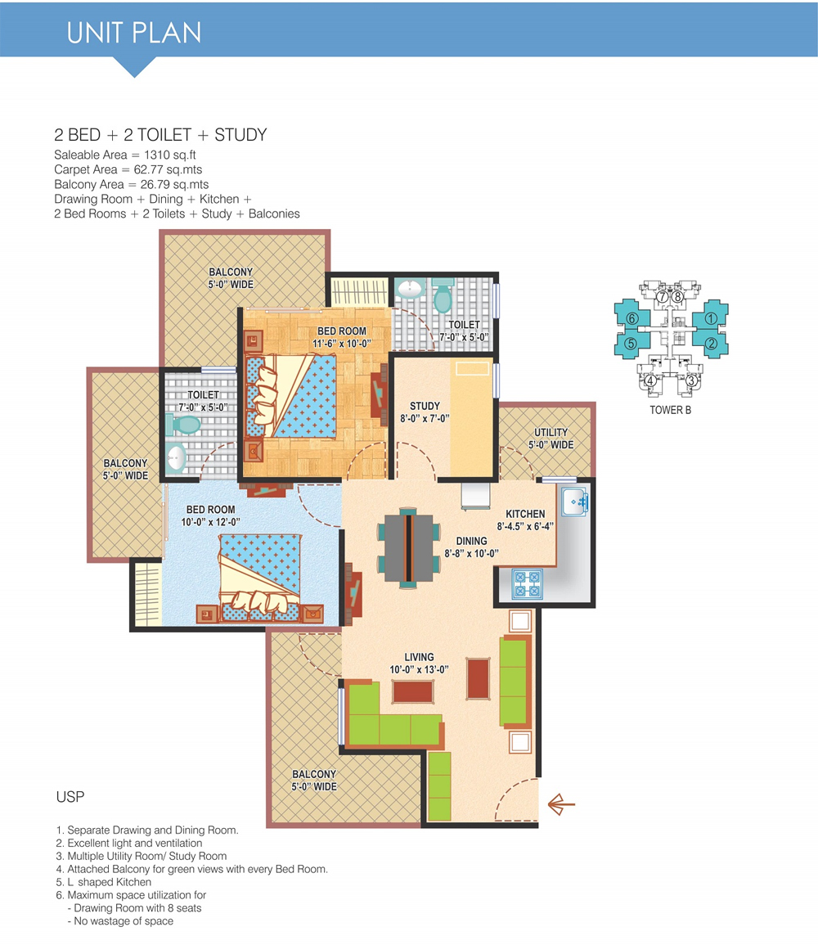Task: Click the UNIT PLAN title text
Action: [x=133, y=34]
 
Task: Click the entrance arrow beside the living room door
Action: [x=561, y=804]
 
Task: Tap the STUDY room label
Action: [x=425, y=406]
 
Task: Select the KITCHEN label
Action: [x=525, y=514]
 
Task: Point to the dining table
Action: [x=408, y=548]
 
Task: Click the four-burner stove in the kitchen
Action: [x=527, y=584]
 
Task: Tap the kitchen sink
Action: [x=574, y=502]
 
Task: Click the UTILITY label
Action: [x=551, y=433]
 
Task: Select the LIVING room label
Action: [x=420, y=657]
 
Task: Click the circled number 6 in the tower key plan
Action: [x=631, y=318]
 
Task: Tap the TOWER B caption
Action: [x=671, y=410]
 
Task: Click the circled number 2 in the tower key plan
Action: [x=711, y=343]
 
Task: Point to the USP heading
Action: [x=70, y=797]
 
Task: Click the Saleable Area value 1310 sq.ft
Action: [x=170, y=155]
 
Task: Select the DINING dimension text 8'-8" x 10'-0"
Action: [x=472, y=553]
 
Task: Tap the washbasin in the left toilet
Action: [x=175, y=459]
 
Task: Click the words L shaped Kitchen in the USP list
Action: [x=109, y=882]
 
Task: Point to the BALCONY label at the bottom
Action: [x=314, y=774]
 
